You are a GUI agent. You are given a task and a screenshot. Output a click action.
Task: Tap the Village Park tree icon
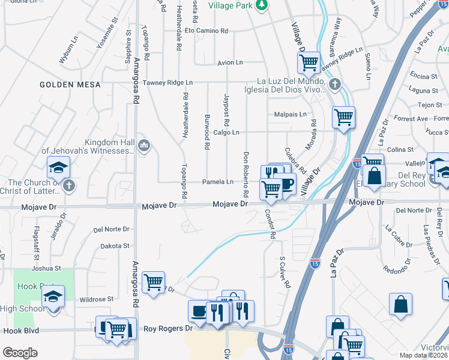click(x=261, y=5)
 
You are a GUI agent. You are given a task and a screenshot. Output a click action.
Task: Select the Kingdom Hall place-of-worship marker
click(x=143, y=145)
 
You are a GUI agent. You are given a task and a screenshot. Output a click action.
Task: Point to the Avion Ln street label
click(x=230, y=62)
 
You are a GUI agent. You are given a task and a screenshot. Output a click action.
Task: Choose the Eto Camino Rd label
click(x=206, y=30)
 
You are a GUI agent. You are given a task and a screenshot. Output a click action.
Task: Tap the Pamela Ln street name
click(x=218, y=182)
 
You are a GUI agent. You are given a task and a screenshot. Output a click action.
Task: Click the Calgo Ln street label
click(x=226, y=133)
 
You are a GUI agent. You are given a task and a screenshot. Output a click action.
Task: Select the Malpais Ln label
click(x=290, y=114)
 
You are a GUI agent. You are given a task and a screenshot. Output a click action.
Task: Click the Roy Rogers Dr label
click(x=168, y=329)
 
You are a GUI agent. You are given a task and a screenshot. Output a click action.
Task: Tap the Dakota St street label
click(x=115, y=246)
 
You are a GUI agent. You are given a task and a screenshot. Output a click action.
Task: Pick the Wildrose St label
click(x=97, y=299)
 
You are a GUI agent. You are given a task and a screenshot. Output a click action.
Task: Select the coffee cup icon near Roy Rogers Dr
click(x=199, y=311)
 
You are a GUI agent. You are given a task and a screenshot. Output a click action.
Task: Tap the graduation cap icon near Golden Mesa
click(x=58, y=167)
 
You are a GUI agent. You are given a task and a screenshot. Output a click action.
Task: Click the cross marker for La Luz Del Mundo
click(x=335, y=85)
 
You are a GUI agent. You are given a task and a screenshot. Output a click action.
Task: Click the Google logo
click(x=20, y=353)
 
